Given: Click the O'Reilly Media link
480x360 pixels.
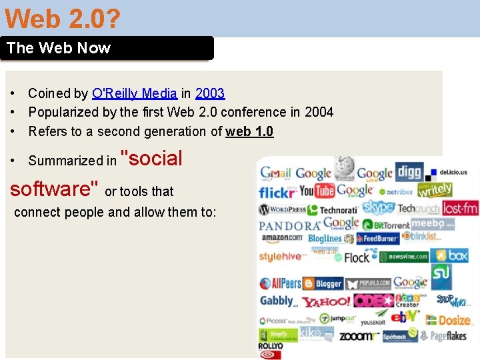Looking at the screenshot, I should point(135,93).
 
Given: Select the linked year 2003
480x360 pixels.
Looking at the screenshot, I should point(210,93).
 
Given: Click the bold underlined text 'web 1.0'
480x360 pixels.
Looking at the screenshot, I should point(249,131).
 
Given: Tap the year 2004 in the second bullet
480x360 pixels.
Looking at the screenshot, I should point(319,112).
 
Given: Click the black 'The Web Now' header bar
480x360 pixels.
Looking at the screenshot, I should point(107,48).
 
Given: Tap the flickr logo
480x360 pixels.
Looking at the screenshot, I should point(277,193).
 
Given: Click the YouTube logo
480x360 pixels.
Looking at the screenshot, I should point(316,191).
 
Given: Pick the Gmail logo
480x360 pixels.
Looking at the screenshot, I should point(275,173).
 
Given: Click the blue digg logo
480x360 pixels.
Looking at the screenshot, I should point(409,173).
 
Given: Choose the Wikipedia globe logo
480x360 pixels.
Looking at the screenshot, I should point(345,167).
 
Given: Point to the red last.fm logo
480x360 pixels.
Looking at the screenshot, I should point(460,209).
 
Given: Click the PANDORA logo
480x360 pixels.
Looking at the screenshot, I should point(289,226).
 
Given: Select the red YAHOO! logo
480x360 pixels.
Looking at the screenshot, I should point(325,302).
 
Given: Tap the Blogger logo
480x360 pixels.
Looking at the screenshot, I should point(323,283).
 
